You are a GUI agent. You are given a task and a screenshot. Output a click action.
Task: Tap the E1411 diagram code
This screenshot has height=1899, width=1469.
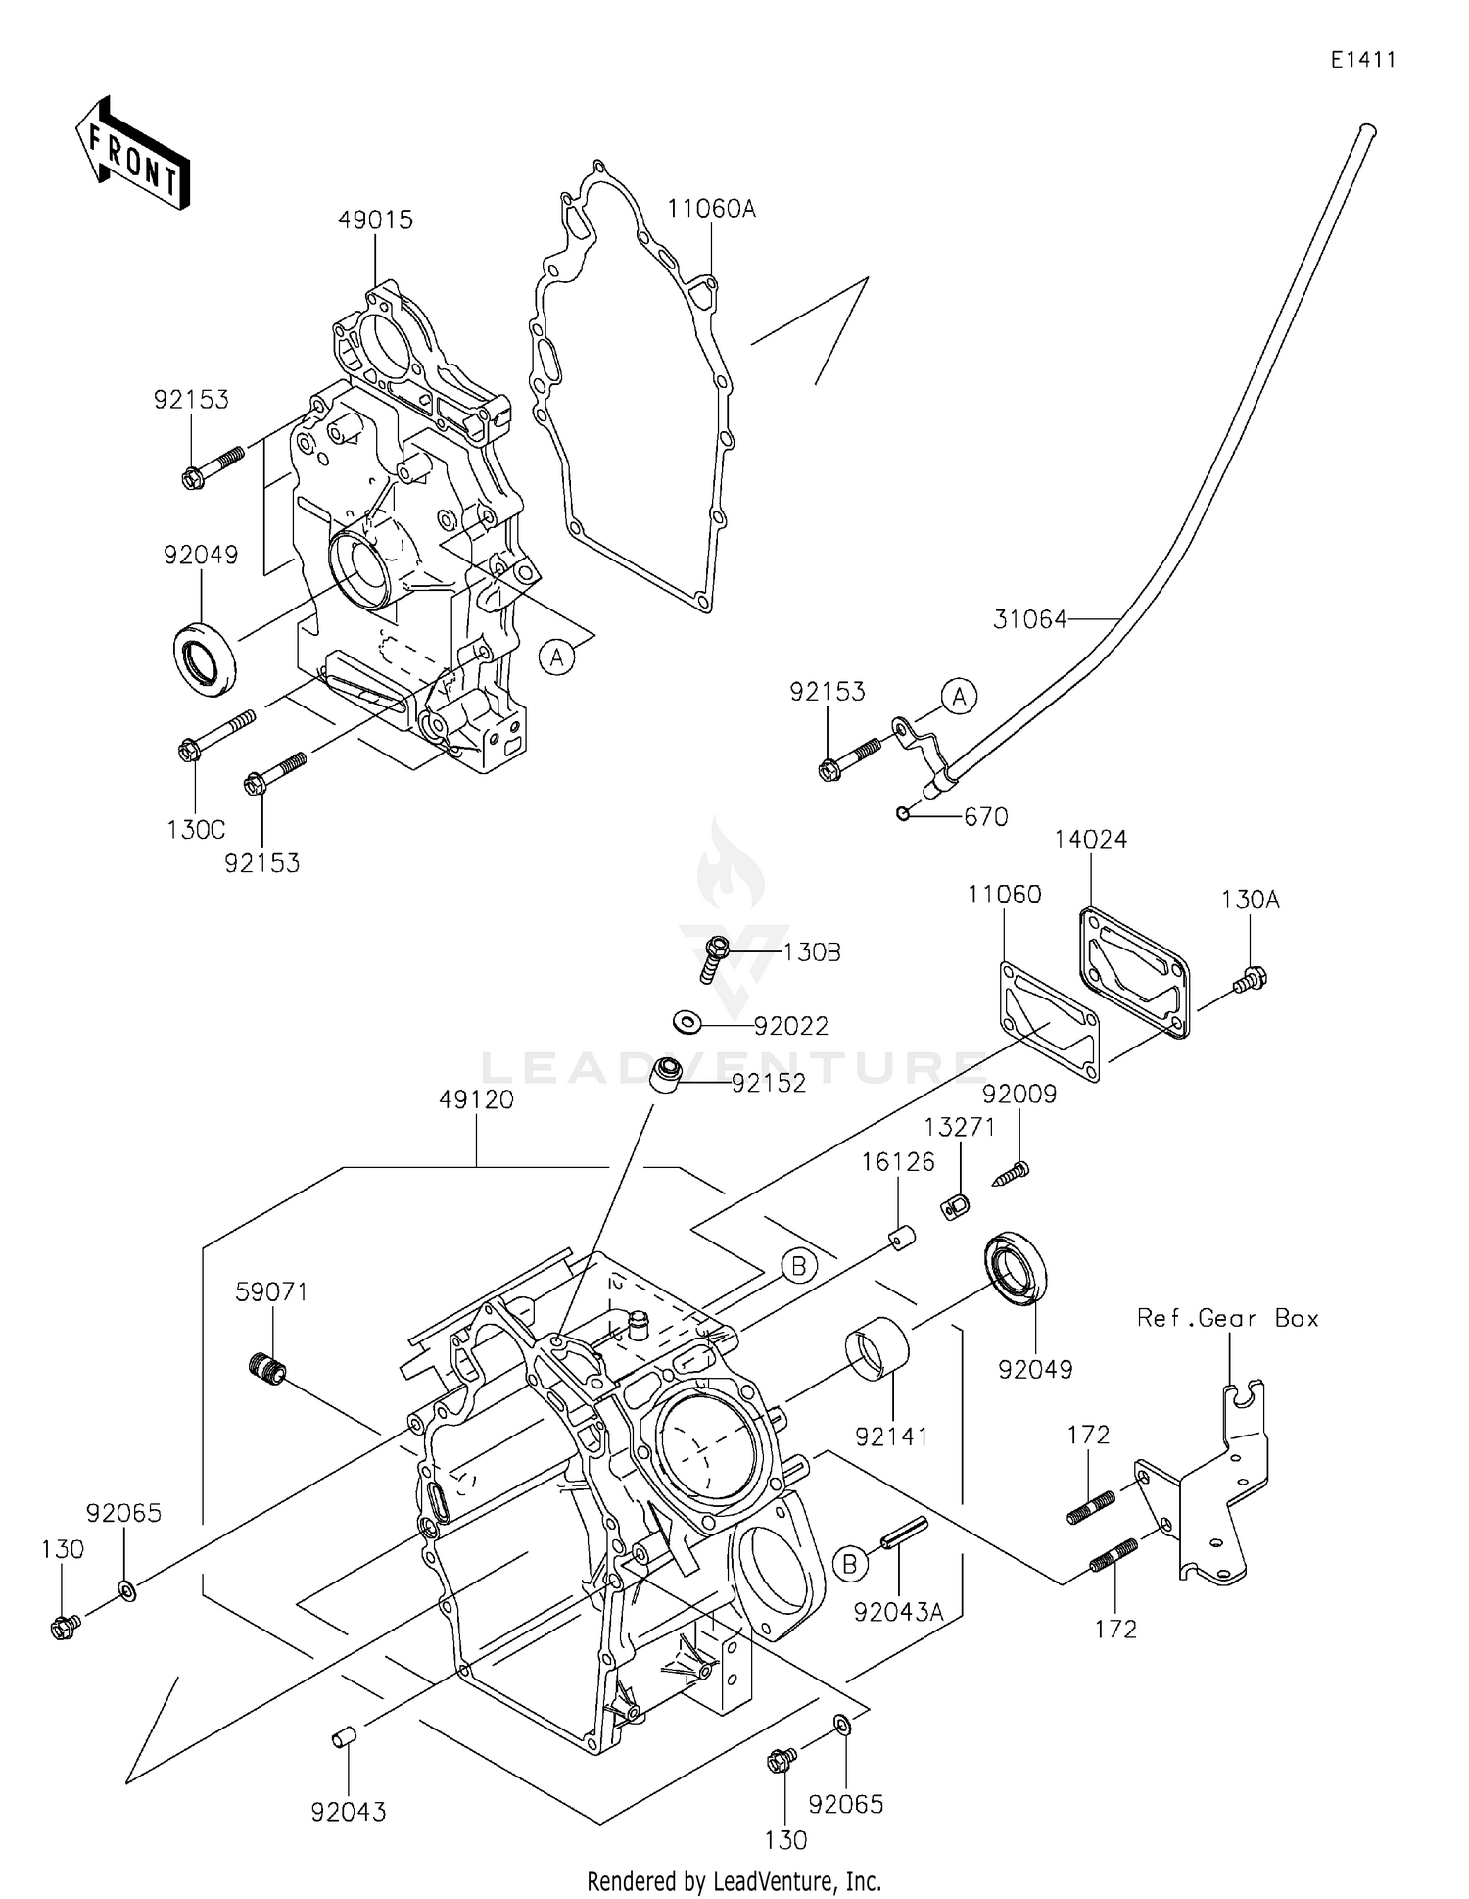tap(1362, 60)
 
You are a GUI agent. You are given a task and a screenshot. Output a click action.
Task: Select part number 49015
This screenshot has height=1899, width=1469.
tap(375, 220)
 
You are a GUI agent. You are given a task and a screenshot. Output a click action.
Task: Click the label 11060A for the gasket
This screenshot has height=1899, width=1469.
tap(712, 209)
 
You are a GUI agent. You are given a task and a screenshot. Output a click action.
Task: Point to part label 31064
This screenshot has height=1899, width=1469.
tap(1029, 619)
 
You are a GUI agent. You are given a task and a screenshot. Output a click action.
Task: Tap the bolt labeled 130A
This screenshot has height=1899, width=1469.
tap(1252, 977)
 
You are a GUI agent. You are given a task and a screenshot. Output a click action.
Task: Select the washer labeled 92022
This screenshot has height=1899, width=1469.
tap(687, 1023)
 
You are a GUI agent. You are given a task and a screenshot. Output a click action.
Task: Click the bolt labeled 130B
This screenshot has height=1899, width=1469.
tap(717, 955)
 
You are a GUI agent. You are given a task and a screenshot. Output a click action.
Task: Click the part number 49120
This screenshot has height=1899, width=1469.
tap(476, 1100)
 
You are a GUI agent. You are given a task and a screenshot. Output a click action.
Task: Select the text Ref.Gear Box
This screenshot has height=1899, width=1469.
tap(1227, 1319)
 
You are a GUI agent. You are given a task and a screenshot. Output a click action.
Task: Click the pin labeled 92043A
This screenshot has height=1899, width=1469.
tap(902, 1534)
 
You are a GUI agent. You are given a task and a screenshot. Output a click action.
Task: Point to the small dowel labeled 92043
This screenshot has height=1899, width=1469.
tap(344, 1738)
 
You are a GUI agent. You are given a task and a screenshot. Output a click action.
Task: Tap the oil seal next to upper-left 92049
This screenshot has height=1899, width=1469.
tap(206, 657)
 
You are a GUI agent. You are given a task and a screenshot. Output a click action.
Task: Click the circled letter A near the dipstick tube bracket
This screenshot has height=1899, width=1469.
tap(959, 697)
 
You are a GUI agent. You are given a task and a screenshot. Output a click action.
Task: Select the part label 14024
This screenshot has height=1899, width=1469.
tap(1090, 840)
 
